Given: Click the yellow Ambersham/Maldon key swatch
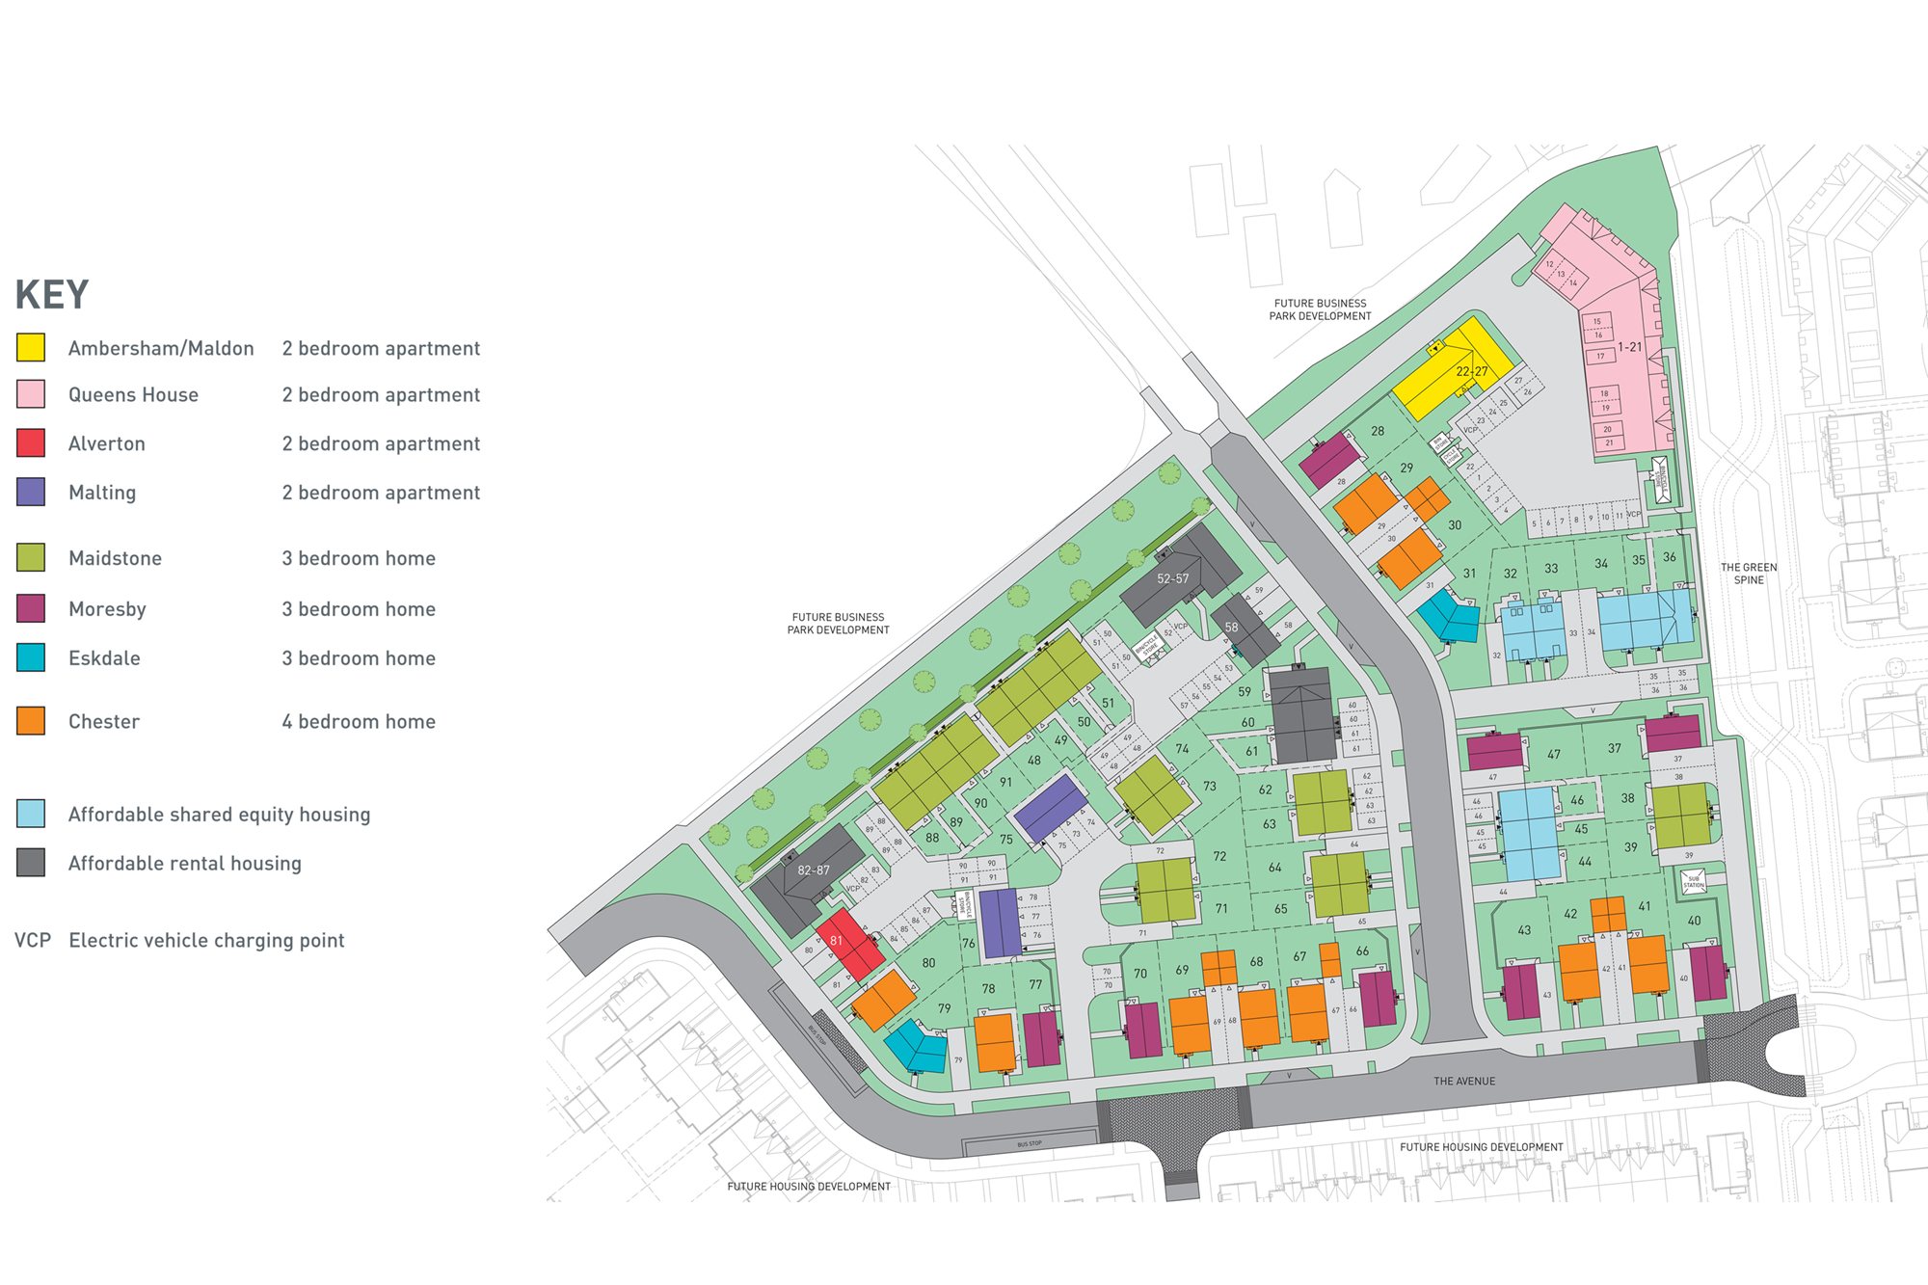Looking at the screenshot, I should [31, 347].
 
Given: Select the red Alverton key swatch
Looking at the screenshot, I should [31, 442].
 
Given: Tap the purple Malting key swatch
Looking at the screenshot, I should [31, 492].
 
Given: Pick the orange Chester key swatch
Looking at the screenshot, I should [31, 720].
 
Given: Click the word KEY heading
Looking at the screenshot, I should [52, 295].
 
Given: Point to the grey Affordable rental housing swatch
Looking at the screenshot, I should [31, 862].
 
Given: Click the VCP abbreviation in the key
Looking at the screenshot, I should [33, 940].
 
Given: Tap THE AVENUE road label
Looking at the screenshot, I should [1463, 1081].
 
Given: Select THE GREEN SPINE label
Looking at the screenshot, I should [1749, 574].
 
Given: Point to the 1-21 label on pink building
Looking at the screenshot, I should [1629, 347].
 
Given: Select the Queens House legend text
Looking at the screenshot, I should [133, 394].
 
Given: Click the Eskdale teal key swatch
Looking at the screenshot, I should [31, 657].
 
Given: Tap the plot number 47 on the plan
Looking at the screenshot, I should [1553, 754].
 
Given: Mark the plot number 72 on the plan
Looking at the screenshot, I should [1219, 856].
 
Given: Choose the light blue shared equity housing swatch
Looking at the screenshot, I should [31, 814].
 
